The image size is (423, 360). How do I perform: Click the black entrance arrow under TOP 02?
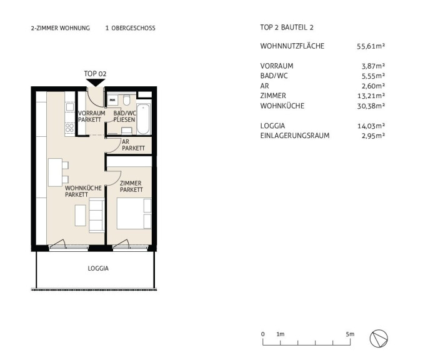(96, 82)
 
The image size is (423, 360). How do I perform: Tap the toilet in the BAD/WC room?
(126, 100)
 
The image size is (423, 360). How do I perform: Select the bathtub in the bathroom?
(143, 119)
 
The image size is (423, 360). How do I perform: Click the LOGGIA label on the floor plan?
(98, 269)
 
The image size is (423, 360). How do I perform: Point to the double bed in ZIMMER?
(134, 214)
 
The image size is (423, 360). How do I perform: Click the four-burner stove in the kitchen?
(70, 128)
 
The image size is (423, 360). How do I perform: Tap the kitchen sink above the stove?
(70, 107)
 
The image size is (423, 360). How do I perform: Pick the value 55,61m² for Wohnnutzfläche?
(371, 46)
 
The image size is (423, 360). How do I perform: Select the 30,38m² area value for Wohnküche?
(371, 106)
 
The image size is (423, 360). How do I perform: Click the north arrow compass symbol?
(379, 339)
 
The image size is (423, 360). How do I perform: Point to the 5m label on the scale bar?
(350, 334)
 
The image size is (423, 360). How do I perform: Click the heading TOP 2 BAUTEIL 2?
(287, 27)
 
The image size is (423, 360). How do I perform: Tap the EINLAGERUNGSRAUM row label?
(295, 136)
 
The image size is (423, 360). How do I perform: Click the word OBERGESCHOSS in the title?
(134, 28)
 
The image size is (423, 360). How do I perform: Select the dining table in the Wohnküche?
(56, 172)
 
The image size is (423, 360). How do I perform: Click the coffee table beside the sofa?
(81, 216)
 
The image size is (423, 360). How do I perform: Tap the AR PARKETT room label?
(133, 145)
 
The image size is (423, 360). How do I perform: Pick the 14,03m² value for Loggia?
(371, 126)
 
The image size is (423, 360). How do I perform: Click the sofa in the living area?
(97, 216)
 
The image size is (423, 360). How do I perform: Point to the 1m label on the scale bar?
(281, 334)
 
